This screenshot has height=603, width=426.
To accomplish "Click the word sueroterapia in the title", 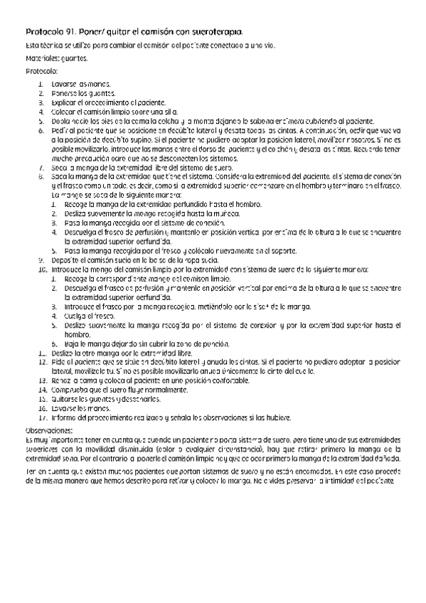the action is tap(213, 32).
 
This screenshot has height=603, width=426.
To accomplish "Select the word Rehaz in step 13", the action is tap(62, 380).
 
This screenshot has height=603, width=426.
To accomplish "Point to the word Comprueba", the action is tap(70, 390).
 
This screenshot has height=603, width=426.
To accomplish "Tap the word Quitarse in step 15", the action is tap(65, 399).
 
